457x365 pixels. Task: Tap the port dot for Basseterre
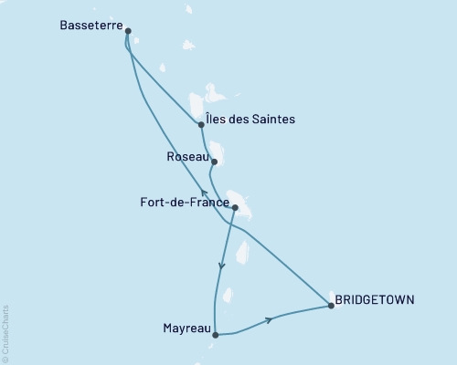click(x=127, y=31)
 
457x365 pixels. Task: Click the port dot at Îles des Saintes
click(x=200, y=125)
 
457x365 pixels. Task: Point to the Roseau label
click(x=187, y=156)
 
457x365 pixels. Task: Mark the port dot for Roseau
click(x=214, y=162)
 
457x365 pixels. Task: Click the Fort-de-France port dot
click(x=235, y=208)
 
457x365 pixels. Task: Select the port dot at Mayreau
click(x=215, y=335)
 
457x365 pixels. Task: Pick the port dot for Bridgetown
click(x=331, y=307)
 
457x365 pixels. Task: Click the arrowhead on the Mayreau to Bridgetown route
click(x=269, y=319)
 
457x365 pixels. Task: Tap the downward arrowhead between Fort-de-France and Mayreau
click(x=221, y=266)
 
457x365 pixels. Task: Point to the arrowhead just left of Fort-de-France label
click(x=204, y=193)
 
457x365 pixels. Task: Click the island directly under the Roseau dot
click(x=218, y=152)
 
